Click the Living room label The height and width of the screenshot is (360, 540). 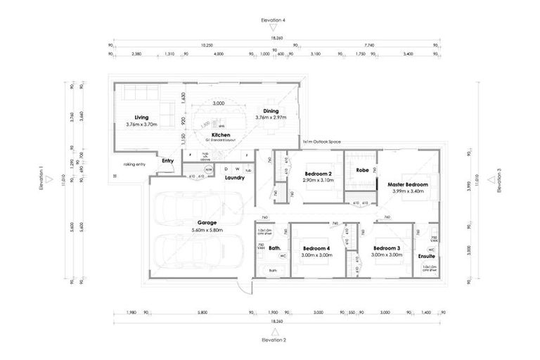click(x=141, y=117)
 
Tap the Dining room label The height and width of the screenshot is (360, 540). click(x=271, y=111)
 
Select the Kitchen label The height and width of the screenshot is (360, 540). click(x=221, y=134)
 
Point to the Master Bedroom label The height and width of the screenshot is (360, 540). click(x=407, y=184)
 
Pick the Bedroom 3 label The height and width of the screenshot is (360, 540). click(x=387, y=248)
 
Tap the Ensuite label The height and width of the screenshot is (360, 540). click(x=426, y=257)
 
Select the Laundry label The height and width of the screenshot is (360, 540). click(x=234, y=178)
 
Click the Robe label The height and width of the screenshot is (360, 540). click(x=362, y=170)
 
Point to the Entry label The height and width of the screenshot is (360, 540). click(x=167, y=161)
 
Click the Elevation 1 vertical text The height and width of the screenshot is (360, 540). click(x=41, y=179)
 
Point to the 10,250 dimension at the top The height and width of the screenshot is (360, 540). click(x=207, y=45)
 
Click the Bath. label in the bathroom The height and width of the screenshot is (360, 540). click(x=275, y=248)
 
